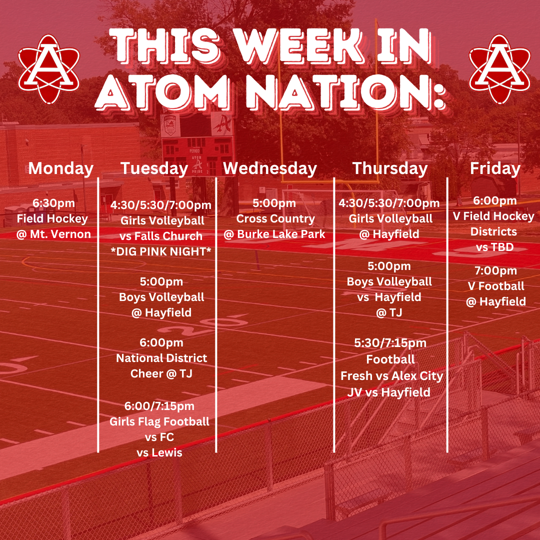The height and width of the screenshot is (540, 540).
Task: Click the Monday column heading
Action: (x=61, y=169)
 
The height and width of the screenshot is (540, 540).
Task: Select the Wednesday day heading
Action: (x=270, y=169)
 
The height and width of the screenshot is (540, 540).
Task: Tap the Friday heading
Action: (x=495, y=169)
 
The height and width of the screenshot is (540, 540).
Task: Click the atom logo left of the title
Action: (x=49, y=69)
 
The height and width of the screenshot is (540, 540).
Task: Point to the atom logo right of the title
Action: (x=499, y=69)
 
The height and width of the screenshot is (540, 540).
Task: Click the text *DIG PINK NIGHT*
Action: (x=161, y=251)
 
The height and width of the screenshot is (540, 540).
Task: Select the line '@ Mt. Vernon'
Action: (x=53, y=234)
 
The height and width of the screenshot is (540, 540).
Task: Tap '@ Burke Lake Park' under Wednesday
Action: (x=274, y=234)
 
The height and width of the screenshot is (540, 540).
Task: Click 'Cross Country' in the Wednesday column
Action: (x=275, y=218)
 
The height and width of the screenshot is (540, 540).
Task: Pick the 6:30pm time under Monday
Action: (x=53, y=203)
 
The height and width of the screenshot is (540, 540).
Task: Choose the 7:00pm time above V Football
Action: (x=496, y=270)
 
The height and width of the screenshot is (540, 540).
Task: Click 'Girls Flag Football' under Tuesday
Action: (x=159, y=421)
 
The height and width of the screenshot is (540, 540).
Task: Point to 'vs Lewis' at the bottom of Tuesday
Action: (x=159, y=452)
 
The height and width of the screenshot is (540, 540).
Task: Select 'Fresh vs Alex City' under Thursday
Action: (x=391, y=375)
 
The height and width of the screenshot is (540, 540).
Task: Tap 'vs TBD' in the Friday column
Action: (x=495, y=247)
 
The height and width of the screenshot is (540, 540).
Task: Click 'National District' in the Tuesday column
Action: (x=161, y=358)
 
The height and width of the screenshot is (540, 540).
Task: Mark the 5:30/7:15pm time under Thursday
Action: (x=390, y=343)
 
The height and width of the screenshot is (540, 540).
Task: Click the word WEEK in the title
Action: (x=299, y=46)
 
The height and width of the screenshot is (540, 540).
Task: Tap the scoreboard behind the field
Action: (x=197, y=144)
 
